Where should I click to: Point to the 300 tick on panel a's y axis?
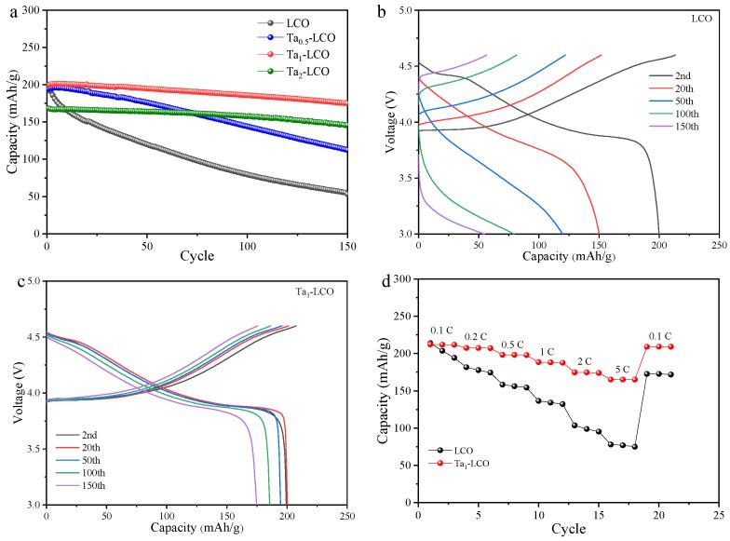click(x=31, y=10)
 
